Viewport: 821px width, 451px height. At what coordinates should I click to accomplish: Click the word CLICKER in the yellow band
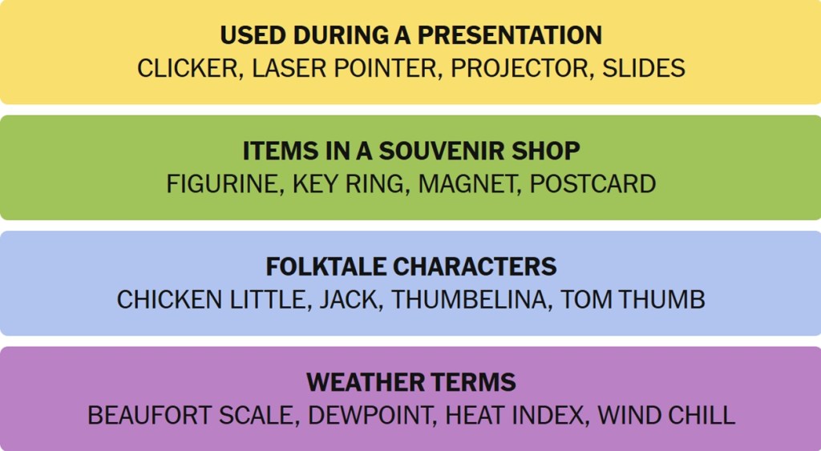pos(188,69)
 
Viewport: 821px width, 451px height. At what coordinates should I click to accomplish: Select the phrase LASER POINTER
pos(344,69)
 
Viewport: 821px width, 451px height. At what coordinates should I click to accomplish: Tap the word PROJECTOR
pos(520,69)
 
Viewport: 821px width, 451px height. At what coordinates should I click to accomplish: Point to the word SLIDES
pos(644,69)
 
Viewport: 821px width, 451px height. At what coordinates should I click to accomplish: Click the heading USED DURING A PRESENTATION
pos(411,35)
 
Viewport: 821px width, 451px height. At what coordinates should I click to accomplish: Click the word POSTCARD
pos(592,184)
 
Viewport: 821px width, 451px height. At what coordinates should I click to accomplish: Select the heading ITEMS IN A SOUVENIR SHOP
pos(411,151)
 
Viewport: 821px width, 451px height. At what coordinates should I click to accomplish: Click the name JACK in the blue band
pos(348,300)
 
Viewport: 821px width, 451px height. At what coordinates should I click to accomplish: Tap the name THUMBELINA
pos(468,300)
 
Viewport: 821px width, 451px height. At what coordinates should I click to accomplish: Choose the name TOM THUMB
pos(633,300)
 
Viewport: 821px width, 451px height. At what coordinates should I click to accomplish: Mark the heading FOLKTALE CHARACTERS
pos(411,266)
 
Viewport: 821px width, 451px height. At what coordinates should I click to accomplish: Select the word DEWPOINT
pos(369,416)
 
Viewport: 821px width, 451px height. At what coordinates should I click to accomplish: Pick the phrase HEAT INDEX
pos(514,416)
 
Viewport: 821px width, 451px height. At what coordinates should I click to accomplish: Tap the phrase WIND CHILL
pos(666,416)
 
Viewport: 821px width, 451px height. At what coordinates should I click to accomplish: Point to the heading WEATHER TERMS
pos(411,382)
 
